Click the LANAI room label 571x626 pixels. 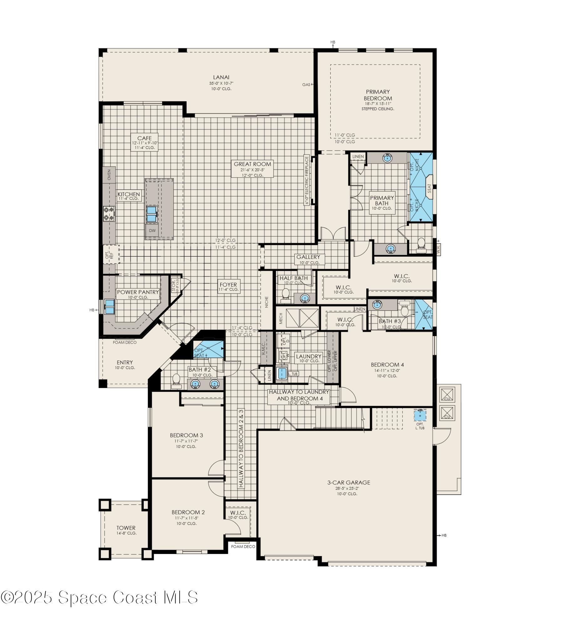click(221, 77)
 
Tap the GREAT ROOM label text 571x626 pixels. click(252, 164)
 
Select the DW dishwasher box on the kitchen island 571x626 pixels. click(152, 231)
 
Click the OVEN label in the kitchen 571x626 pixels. click(109, 175)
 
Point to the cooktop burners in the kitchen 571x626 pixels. click(109, 214)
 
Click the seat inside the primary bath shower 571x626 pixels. click(429, 188)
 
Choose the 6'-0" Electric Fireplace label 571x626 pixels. click(306, 180)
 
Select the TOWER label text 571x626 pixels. click(126, 528)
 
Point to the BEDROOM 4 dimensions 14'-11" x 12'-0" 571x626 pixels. click(387, 370)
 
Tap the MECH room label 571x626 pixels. click(281, 318)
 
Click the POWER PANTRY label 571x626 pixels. click(138, 292)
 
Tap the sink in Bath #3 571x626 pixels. click(377, 304)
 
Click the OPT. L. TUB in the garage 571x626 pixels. click(420, 417)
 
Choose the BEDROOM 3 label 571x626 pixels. click(186, 435)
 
